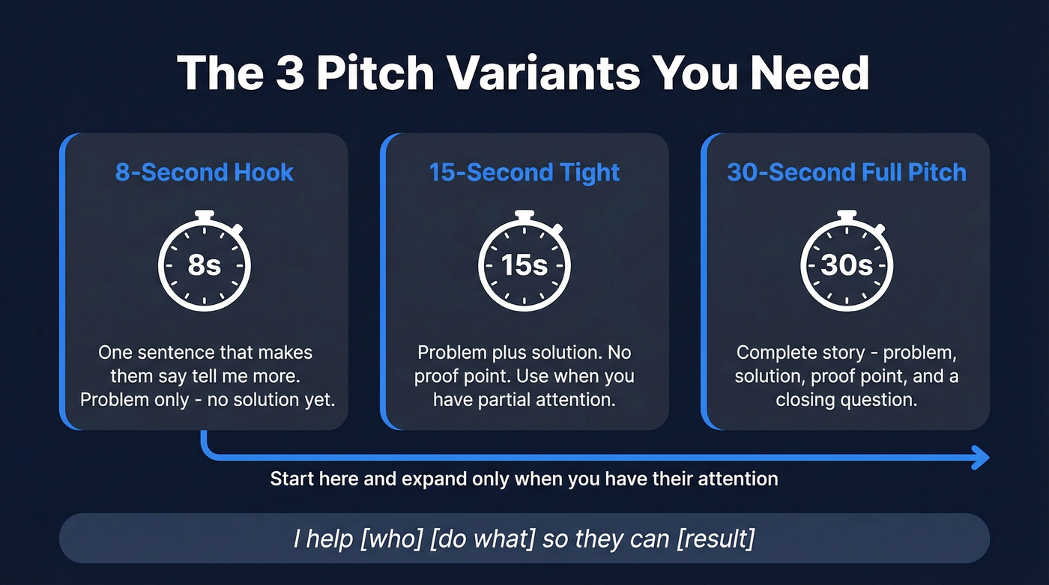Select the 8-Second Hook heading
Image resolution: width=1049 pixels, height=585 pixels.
pyautogui.click(x=204, y=172)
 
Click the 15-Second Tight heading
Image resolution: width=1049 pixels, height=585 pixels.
pyautogui.click(x=524, y=172)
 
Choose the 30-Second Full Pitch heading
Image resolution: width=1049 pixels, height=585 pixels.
pyautogui.click(x=847, y=172)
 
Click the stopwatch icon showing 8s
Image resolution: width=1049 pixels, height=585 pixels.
pyautogui.click(x=204, y=264)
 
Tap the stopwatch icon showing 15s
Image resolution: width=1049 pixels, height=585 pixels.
pyautogui.click(x=524, y=264)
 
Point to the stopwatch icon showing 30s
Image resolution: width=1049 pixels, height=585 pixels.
pyautogui.click(x=847, y=264)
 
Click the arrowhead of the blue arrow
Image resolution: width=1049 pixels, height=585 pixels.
pyautogui.click(x=980, y=456)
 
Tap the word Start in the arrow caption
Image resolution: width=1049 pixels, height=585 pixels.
pyautogui.click(x=294, y=479)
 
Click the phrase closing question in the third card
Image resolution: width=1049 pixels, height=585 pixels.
pyautogui.click(x=847, y=400)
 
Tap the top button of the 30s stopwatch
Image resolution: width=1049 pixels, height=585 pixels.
pyautogui.click(x=847, y=215)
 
